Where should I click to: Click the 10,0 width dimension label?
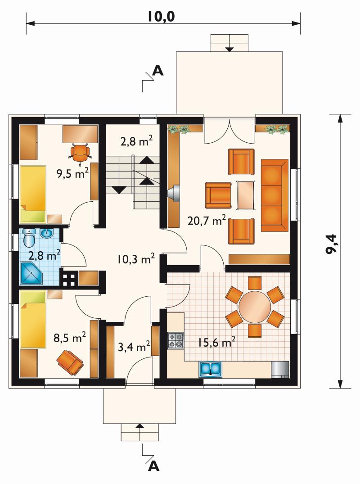click(x=161, y=16)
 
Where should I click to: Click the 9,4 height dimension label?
click(x=332, y=244)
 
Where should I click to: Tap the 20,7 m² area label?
click(x=207, y=221)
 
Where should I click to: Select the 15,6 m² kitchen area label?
click(x=216, y=342)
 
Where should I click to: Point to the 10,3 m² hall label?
click(x=136, y=259)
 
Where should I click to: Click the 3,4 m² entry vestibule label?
click(x=134, y=346)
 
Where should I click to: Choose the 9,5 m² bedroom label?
click(x=72, y=173)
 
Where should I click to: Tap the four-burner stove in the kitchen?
click(x=176, y=340)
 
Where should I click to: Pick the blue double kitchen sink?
click(x=211, y=369)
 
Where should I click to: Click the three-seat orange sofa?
click(x=274, y=195)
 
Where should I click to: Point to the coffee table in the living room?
click(x=246, y=195)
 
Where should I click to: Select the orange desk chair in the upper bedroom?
click(x=81, y=152)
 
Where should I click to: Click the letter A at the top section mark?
click(x=158, y=71)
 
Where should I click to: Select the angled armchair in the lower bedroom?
click(x=70, y=362)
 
